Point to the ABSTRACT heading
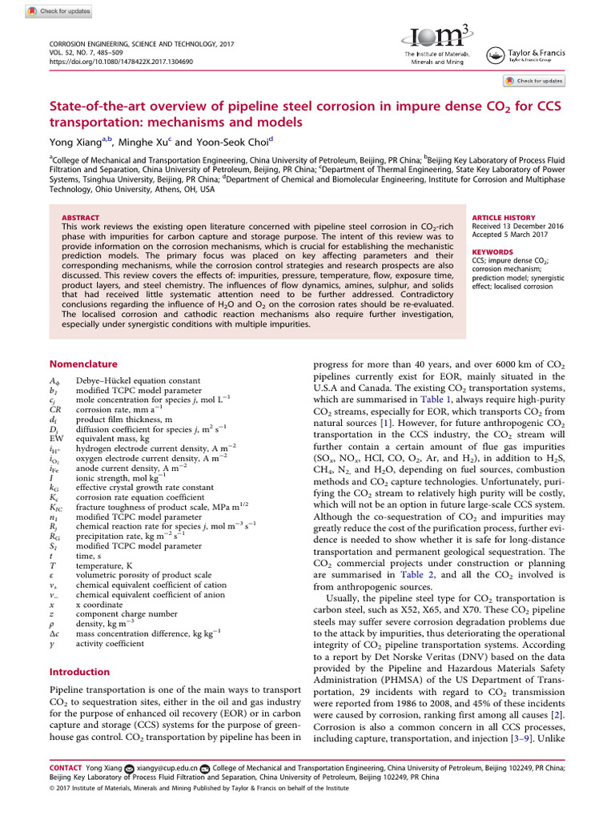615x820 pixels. (80, 218)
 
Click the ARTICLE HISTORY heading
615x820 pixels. (503, 218)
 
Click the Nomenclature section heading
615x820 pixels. (84, 363)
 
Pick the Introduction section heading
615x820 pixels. (80, 672)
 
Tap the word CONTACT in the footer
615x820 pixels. (66, 767)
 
